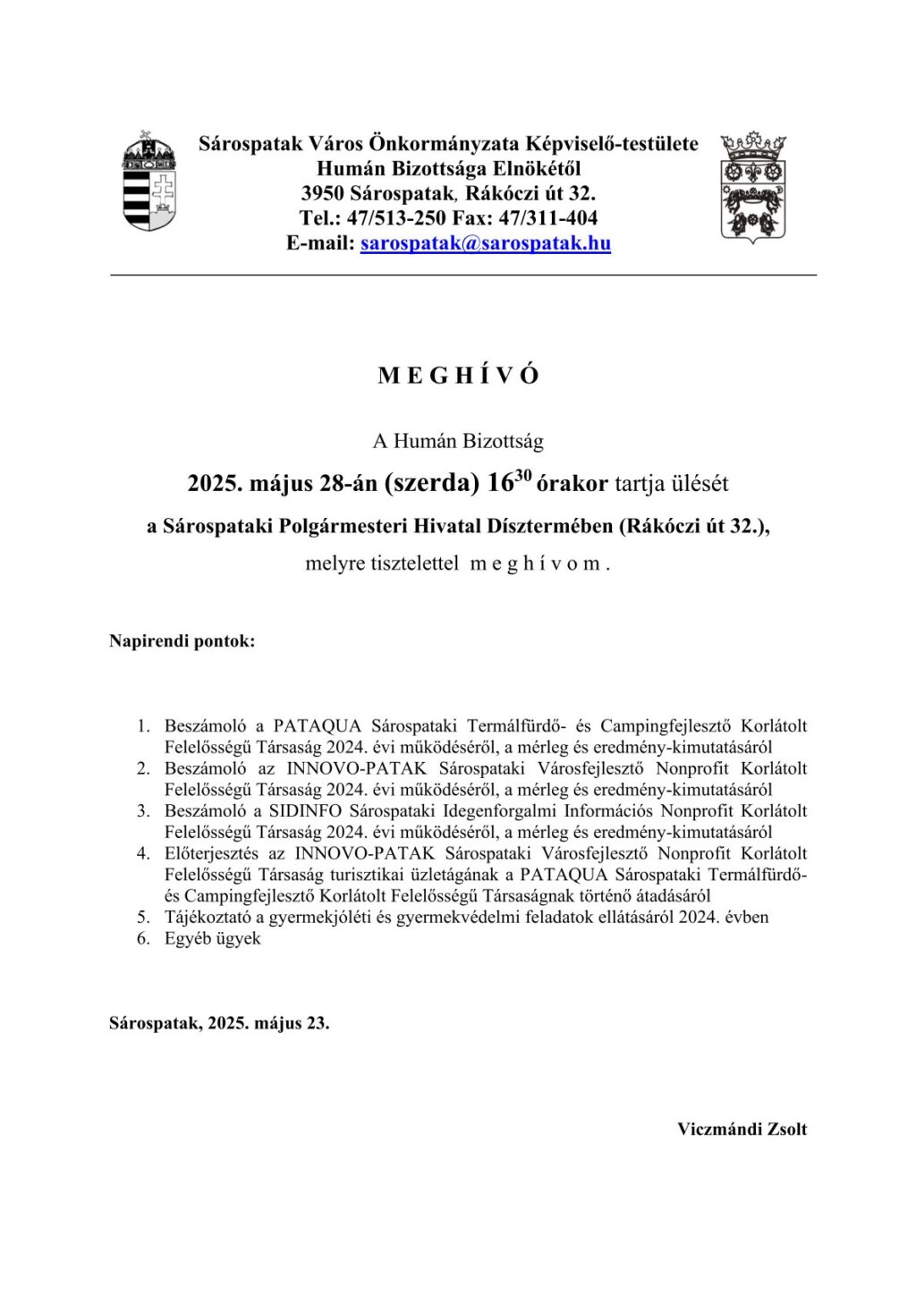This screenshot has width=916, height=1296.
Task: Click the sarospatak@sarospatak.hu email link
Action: click(x=486, y=243)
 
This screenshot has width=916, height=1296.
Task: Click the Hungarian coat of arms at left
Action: click(x=149, y=182)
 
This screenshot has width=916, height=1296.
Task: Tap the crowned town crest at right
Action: click(x=753, y=187)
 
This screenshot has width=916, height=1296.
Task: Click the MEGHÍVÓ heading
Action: click(x=458, y=376)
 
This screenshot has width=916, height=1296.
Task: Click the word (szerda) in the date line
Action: click(x=433, y=484)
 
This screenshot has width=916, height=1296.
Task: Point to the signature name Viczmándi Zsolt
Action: click(x=742, y=1129)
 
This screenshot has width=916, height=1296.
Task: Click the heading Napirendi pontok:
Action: click(x=182, y=641)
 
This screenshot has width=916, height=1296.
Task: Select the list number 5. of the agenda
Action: click(x=143, y=917)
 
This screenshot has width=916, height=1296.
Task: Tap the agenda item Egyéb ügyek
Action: click(x=213, y=938)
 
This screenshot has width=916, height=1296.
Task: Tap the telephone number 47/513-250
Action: click(x=392, y=218)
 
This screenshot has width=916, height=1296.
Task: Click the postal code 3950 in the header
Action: click(x=322, y=193)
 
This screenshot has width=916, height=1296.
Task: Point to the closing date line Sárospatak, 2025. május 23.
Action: click(x=219, y=1023)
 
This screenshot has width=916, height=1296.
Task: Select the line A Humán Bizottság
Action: click(x=458, y=441)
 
